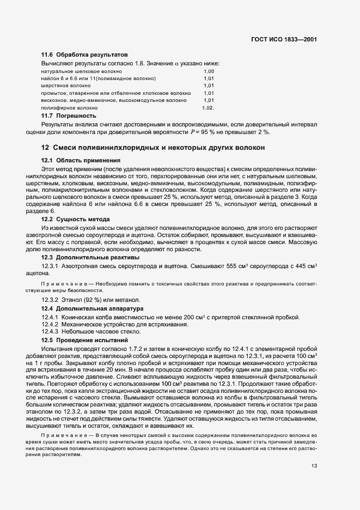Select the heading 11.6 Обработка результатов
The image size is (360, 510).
(84, 55)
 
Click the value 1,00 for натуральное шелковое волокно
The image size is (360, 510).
(209, 71)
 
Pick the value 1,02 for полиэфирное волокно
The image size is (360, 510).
(208, 108)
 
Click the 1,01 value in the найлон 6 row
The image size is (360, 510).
(209, 78)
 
